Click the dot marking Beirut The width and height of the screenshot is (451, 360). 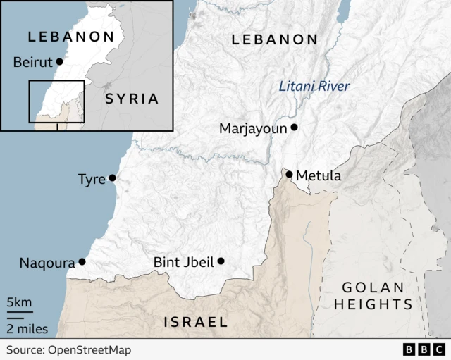click(x=59, y=62)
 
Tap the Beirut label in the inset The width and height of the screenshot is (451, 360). click(x=32, y=63)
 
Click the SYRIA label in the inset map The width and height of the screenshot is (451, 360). click(x=132, y=99)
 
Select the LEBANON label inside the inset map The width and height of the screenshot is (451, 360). click(x=70, y=37)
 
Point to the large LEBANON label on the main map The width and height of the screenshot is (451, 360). click(x=275, y=39)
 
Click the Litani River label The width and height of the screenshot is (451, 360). click(x=314, y=87)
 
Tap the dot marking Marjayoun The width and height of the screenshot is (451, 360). click(x=295, y=128)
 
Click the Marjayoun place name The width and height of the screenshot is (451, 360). click(x=254, y=128)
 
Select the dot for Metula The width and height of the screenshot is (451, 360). click(x=289, y=174)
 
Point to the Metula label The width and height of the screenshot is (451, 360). click(x=319, y=175)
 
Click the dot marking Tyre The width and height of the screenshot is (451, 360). click(x=112, y=178)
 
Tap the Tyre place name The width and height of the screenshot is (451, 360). click(x=92, y=179)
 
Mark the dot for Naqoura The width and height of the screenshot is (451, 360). click(x=82, y=261)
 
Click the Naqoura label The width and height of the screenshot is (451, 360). click(x=47, y=263)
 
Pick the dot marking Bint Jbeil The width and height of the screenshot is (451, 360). click(x=221, y=261)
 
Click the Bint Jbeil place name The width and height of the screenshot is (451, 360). click(x=183, y=262)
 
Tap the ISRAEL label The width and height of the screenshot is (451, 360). click(x=196, y=322)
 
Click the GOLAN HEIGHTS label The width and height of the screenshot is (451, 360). click(x=373, y=296)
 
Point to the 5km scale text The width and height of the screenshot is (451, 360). click(x=19, y=303)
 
